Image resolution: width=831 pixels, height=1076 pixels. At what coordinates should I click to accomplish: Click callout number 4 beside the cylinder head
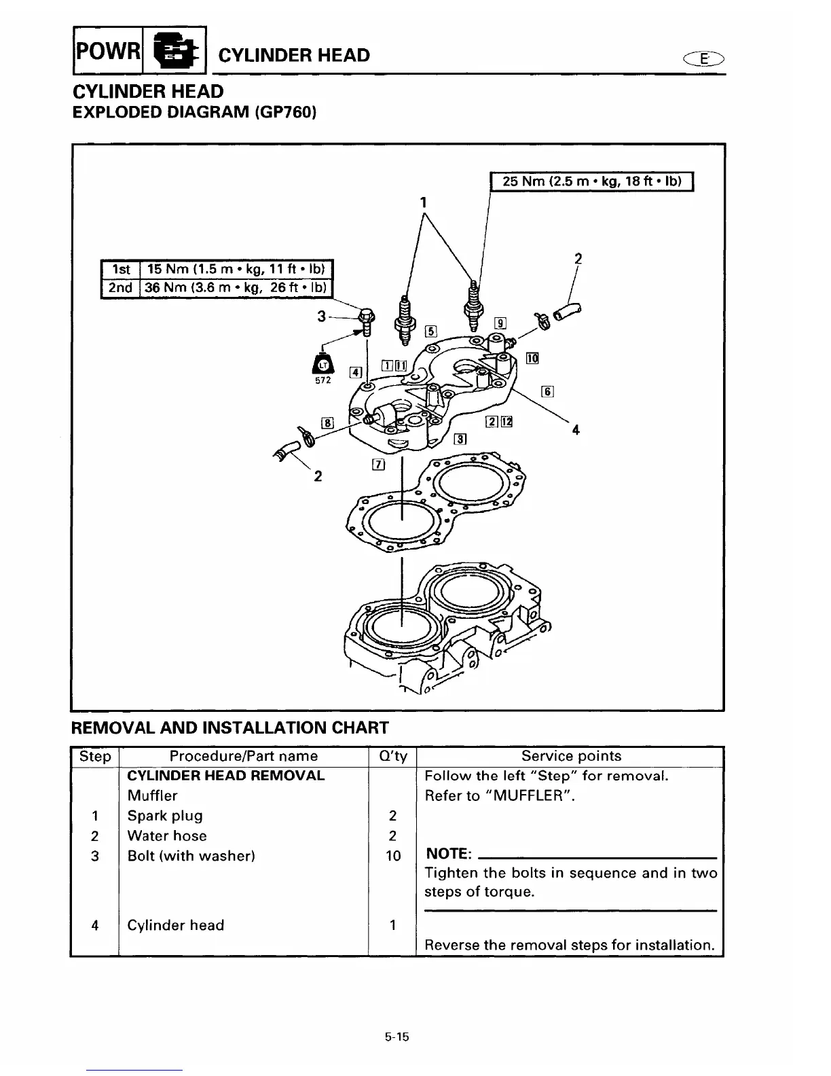point(576,429)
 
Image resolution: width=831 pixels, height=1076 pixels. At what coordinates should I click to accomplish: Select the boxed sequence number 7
point(378,465)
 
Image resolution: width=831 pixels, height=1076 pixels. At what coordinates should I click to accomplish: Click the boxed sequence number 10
point(532,358)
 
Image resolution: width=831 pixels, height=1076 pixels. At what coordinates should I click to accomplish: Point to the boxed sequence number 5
point(430,331)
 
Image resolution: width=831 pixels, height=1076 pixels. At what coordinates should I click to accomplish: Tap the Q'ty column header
point(392,756)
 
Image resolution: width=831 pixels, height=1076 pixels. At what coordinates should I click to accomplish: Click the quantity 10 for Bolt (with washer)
point(393,856)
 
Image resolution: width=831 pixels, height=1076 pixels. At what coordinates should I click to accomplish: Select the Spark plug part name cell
point(165,816)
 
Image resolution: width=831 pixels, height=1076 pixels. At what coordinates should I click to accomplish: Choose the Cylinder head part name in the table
point(175,925)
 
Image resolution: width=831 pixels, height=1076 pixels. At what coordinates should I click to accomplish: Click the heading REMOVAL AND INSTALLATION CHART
point(230,728)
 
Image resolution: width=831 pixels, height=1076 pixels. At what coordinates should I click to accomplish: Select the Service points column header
point(570,756)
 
